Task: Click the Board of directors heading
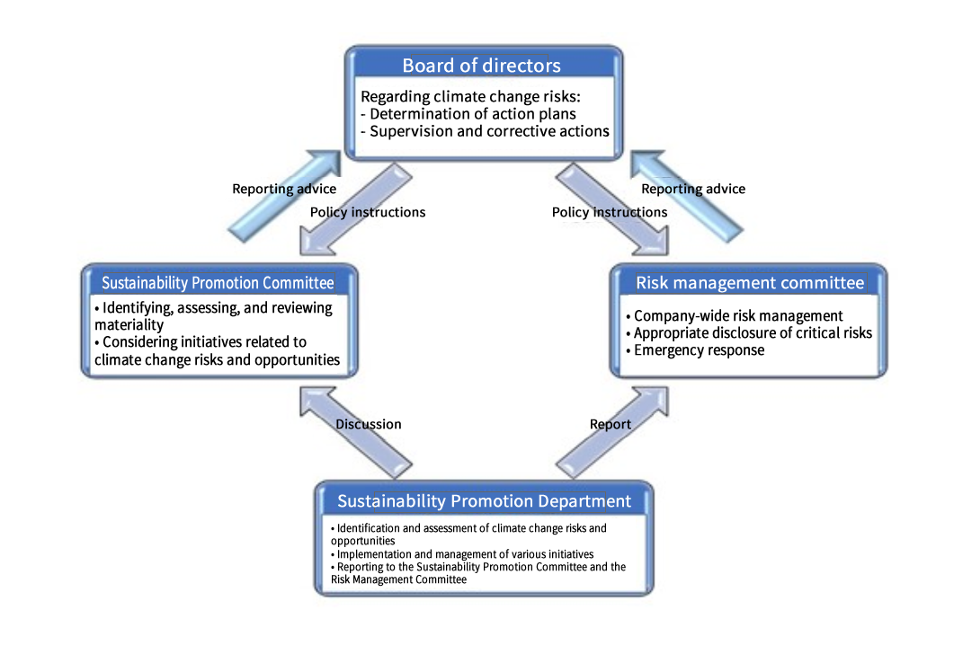[x=481, y=66]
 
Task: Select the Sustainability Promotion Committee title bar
[x=218, y=283]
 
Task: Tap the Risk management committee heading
[x=750, y=283]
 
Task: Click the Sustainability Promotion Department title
[x=484, y=501]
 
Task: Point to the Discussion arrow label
[x=369, y=424]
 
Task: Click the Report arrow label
[x=611, y=424]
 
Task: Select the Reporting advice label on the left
[x=284, y=189]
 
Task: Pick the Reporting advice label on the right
[x=693, y=189]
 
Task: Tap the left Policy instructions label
[x=368, y=212]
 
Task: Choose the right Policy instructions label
[x=610, y=212]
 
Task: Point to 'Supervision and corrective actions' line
[x=485, y=131]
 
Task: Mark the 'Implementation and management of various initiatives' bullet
[x=463, y=554]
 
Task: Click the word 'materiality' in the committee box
[x=129, y=325]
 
